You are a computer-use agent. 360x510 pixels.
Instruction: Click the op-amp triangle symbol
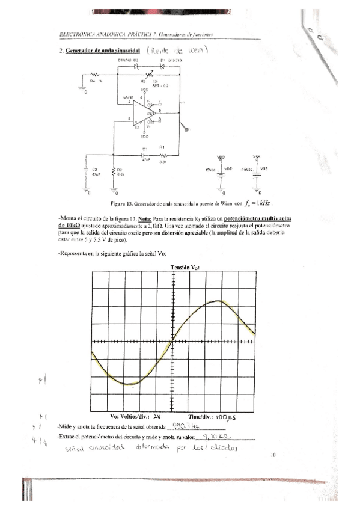[145, 112]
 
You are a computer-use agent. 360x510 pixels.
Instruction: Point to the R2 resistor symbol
[113, 172]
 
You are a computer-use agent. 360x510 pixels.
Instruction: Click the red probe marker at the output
[186, 127]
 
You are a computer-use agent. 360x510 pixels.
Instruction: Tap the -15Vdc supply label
[248, 169]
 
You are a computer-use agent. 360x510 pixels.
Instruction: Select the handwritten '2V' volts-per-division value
[157, 416]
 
